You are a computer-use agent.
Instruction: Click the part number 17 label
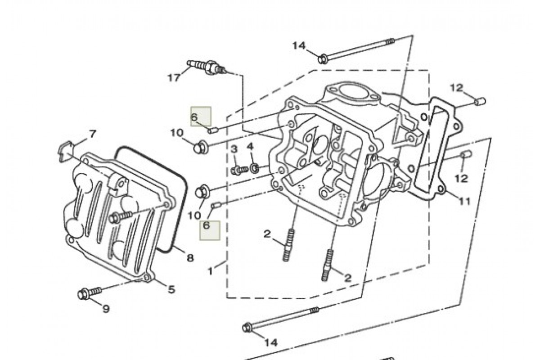click(174, 77)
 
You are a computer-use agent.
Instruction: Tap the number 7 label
click(92, 134)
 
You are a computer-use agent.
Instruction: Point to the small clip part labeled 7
click(66, 148)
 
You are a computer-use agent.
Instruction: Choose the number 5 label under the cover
click(171, 289)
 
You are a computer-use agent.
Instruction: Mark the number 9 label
click(106, 309)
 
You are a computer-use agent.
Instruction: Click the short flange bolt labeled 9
click(88, 294)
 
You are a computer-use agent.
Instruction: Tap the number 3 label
click(234, 149)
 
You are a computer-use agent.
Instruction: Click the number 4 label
click(250, 147)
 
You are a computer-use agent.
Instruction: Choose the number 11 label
click(465, 201)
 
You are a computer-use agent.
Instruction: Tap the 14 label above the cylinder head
click(299, 45)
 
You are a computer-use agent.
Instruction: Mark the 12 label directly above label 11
click(461, 178)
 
